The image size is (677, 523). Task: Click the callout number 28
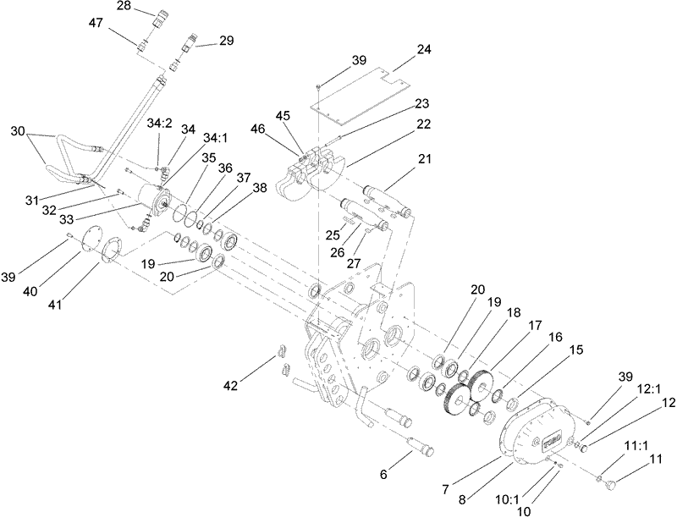click(123, 8)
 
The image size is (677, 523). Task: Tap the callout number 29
click(227, 40)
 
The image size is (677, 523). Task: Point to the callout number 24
click(423, 49)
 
